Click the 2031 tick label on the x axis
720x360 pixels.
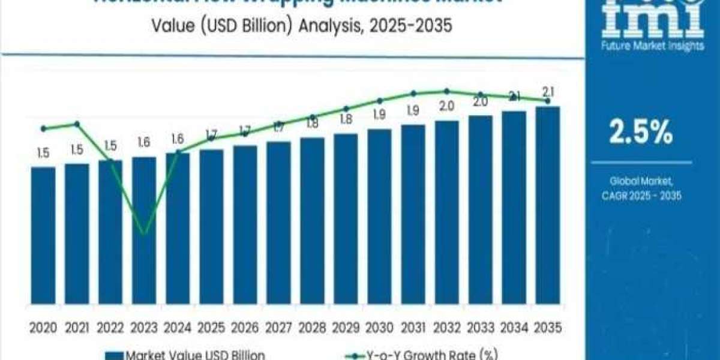(x=413, y=328)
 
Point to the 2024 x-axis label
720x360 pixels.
(x=178, y=328)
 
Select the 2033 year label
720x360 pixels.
(x=480, y=328)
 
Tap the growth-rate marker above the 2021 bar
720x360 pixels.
(x=77, y=124)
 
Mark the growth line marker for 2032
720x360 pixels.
(x=446, y=91)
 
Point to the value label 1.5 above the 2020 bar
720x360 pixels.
(x=43, y=154)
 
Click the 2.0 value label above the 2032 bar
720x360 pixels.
(x=446, y=106)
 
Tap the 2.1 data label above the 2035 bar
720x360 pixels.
(x=547, y=92)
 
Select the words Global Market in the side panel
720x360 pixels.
(x=641, y=181)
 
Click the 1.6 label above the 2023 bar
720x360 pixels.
(x=144, y=143)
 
